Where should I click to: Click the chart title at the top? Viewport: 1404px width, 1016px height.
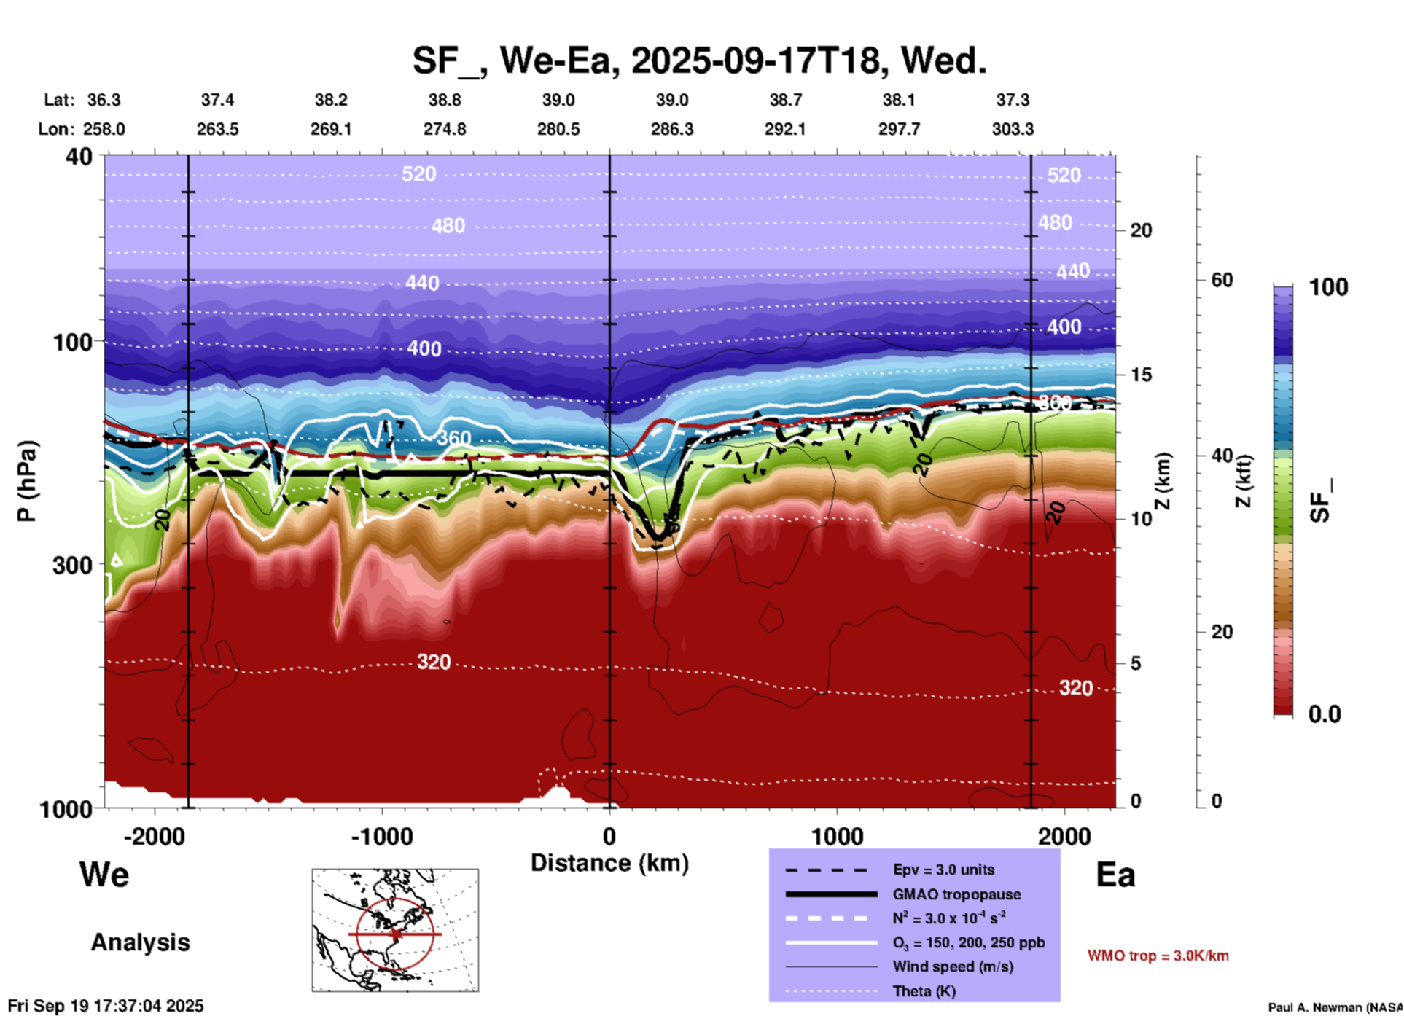[699, 60]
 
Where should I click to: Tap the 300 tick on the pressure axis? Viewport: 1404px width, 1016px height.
[73, 565]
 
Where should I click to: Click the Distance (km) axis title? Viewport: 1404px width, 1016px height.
[609, 863]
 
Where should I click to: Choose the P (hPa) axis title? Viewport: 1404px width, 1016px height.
[26, 481]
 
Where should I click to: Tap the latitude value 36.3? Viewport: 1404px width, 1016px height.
[104, 100]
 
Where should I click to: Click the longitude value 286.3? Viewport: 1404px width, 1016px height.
[671, 129]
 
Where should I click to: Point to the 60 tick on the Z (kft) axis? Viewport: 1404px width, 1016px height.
[1222, 280]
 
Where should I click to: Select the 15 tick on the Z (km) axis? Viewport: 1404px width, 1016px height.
[1141, 375]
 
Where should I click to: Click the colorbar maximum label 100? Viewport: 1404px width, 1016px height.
[1328, 287]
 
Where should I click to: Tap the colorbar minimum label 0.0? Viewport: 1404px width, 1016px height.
[1325, 714]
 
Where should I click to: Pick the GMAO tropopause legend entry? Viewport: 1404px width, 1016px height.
[956, 894]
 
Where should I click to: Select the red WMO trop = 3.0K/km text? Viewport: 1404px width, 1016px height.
[1158, 956]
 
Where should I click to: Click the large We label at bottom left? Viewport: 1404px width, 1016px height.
[104, 875]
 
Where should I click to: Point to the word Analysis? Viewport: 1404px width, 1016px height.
[140, 942]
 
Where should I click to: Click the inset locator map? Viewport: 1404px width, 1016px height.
[395, 930]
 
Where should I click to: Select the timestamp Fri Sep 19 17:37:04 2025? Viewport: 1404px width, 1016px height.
[106, 1006]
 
